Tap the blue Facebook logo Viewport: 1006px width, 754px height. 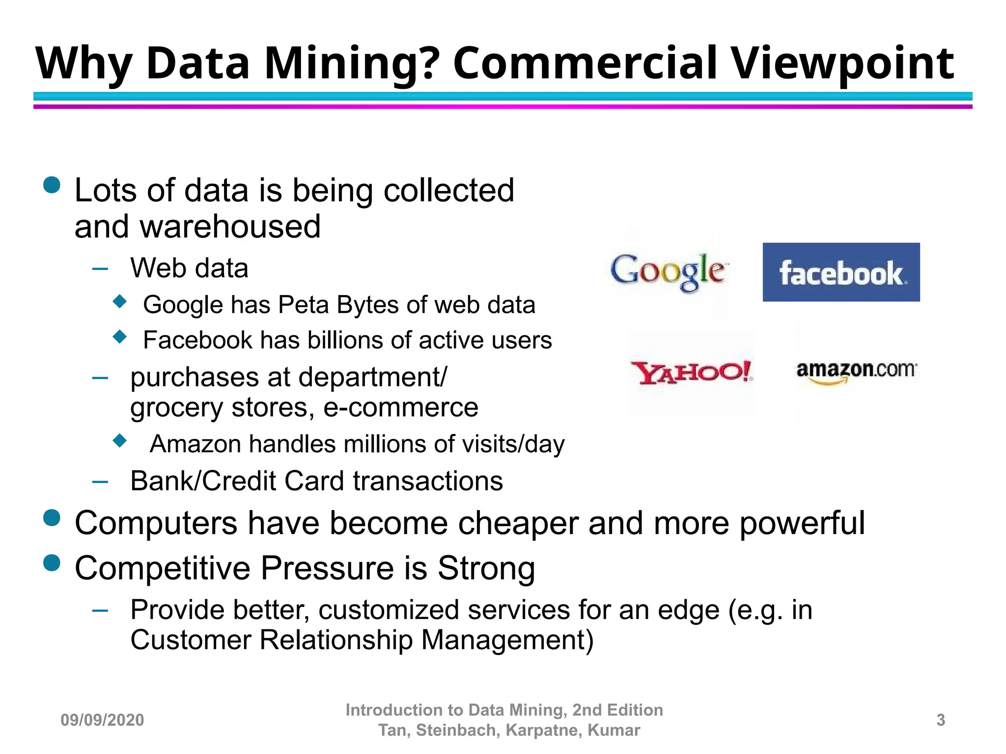click(841, 272)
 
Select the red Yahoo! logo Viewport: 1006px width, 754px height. click(691, 373)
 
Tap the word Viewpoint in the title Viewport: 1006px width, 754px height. click(843, 64)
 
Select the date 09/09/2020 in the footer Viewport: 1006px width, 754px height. click(102, 720)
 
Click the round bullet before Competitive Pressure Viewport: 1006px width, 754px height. click(52, 563)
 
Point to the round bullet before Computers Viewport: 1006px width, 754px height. click(52, 518)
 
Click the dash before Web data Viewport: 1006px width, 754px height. click(100, 269)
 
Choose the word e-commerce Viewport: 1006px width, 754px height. click(401, 407)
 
